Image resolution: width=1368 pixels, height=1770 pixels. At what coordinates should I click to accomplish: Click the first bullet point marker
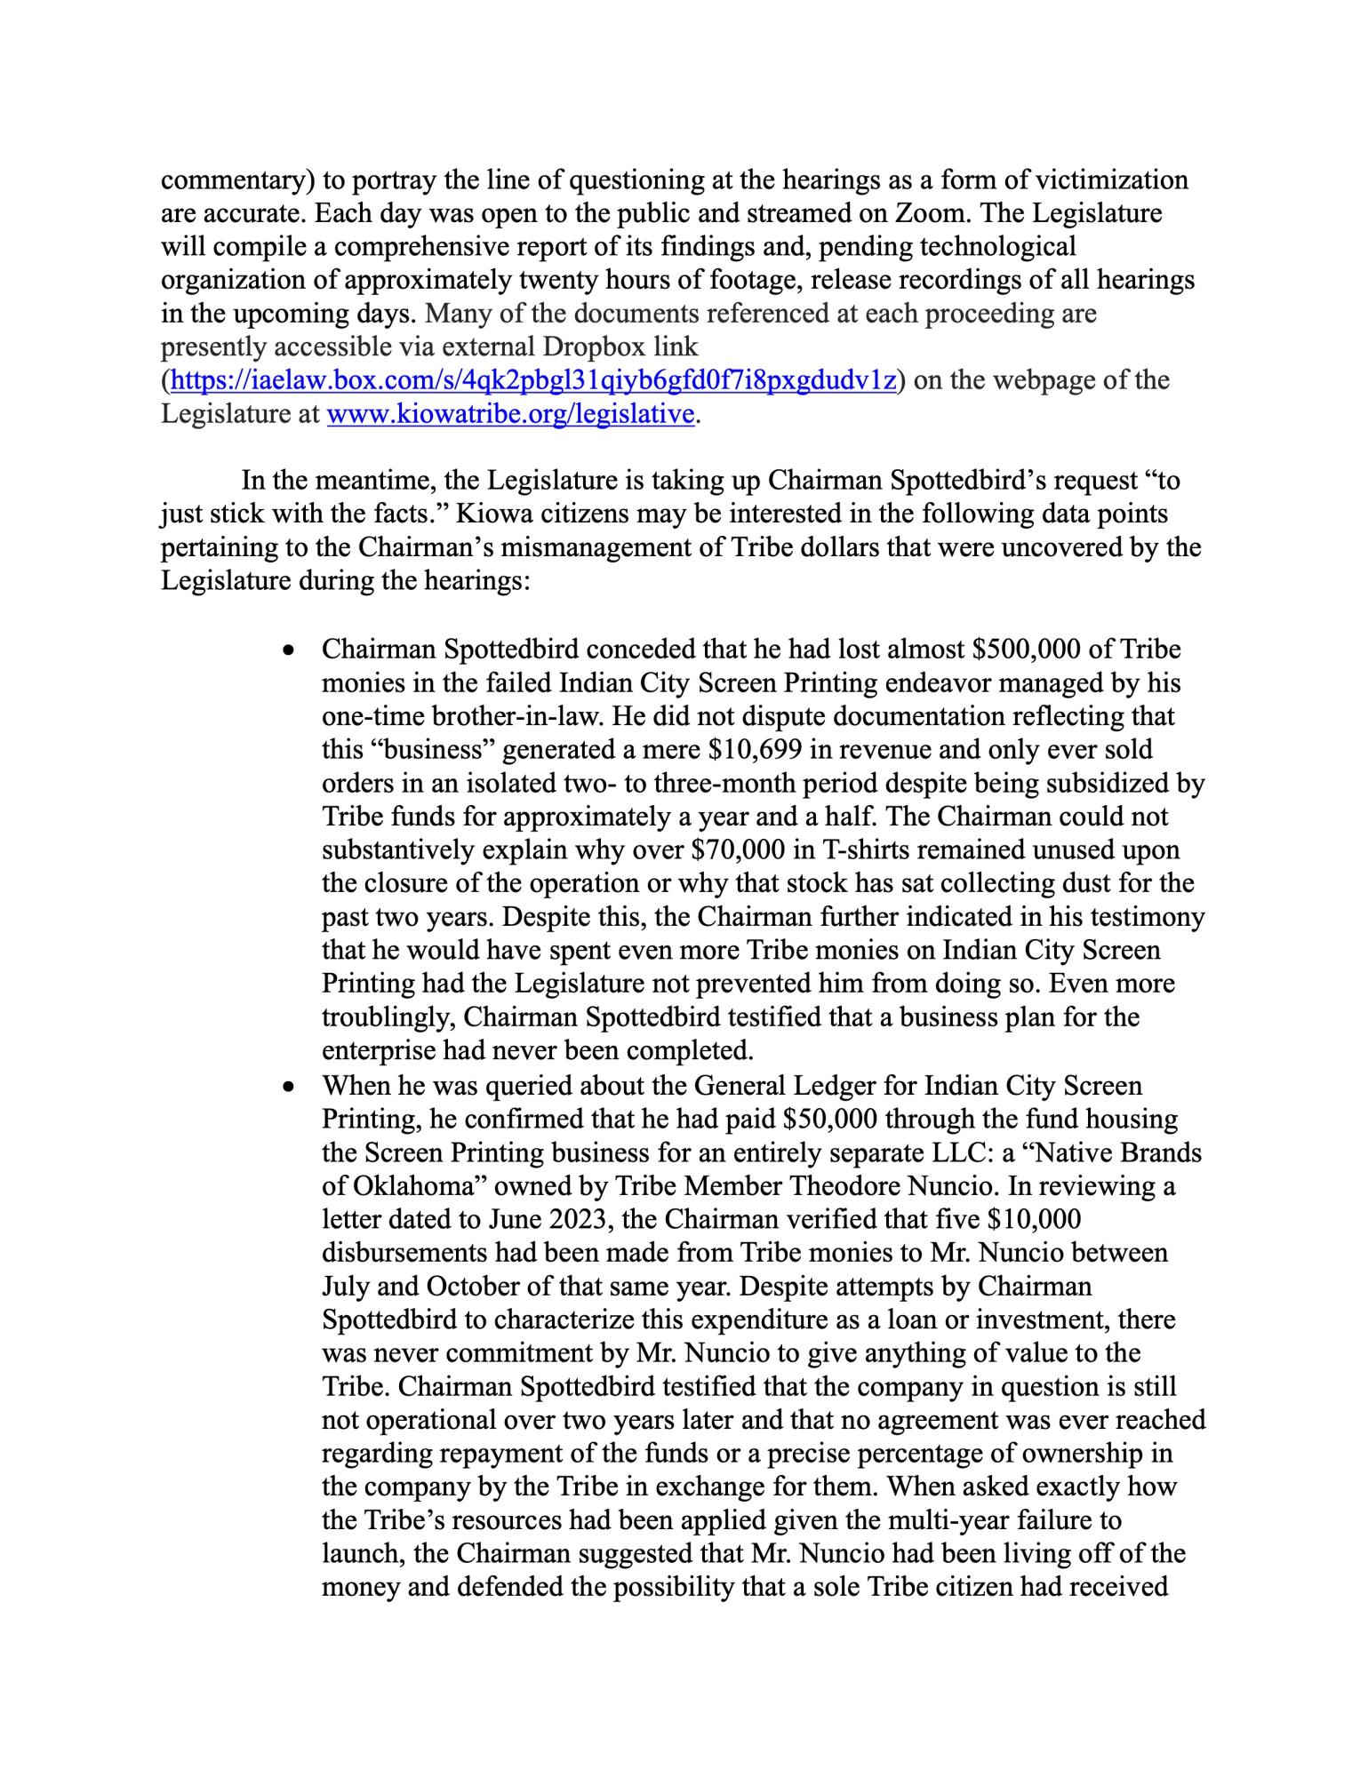pyautogui.click(x=286, y=651)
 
